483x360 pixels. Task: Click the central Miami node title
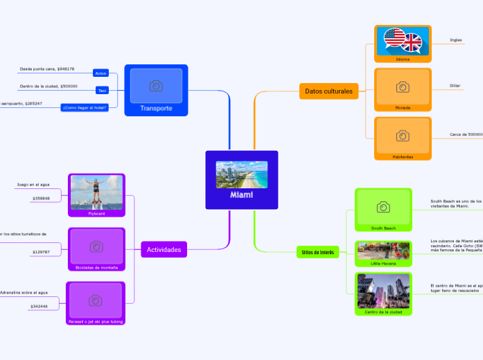click(242, 195)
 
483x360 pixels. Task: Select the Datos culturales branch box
click(328, 91)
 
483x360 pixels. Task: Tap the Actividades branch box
click(164, 249)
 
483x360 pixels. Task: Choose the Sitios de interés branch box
click(318, 252)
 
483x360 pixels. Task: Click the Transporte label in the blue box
click(156, 108)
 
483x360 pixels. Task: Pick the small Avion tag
click(101, 73)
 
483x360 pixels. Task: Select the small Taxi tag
click(102, 90)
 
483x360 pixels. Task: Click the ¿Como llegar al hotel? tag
click(85, 107)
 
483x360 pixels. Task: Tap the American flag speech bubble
click(394, 39)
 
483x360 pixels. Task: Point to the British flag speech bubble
click(412, 44)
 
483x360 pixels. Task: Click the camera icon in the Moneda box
click(403, 87)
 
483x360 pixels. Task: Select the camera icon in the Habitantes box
click(403, 136)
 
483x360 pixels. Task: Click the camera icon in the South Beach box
click(383, 207)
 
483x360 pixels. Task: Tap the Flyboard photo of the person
click(96, 192)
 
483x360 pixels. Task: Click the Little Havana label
click(383, 264)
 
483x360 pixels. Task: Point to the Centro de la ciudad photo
click(383, 291)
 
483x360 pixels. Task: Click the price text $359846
click(41, 199)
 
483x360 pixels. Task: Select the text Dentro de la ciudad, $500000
click(49, 87)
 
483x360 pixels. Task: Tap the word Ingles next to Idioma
click(455, 40)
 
